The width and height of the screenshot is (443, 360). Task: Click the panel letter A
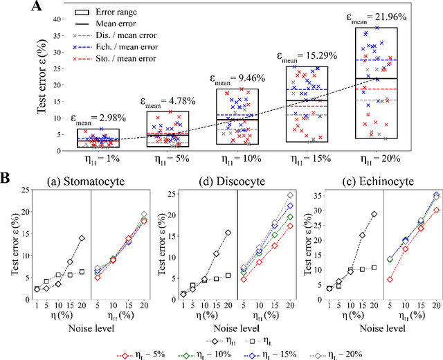point(19,8)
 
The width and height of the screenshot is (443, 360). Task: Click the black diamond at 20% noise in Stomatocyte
point(82,238)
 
